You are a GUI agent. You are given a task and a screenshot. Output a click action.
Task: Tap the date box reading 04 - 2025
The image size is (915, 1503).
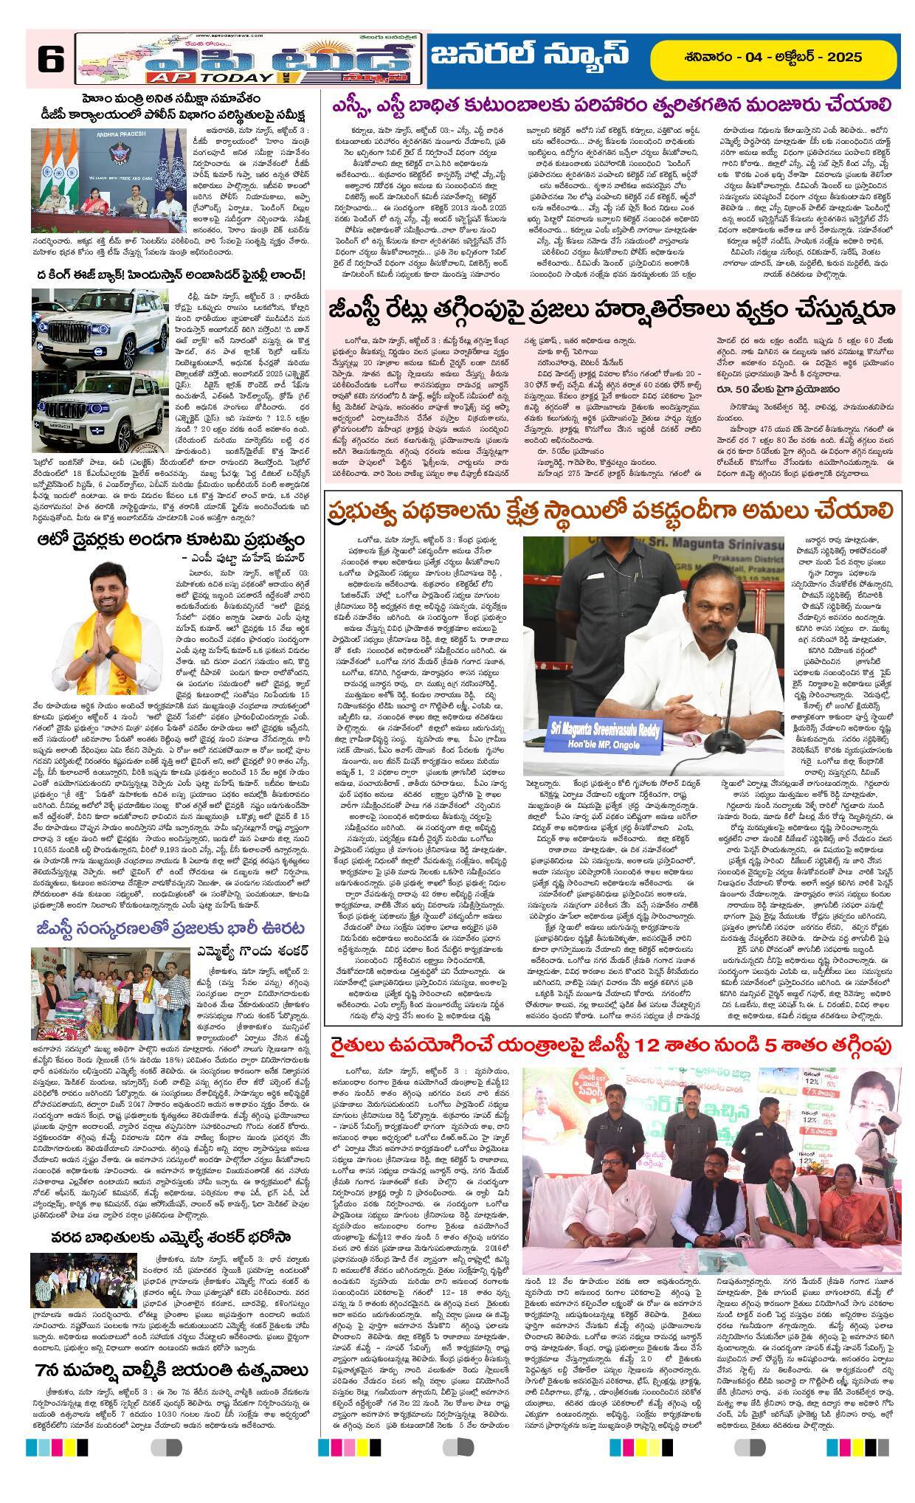click(774, 57)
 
